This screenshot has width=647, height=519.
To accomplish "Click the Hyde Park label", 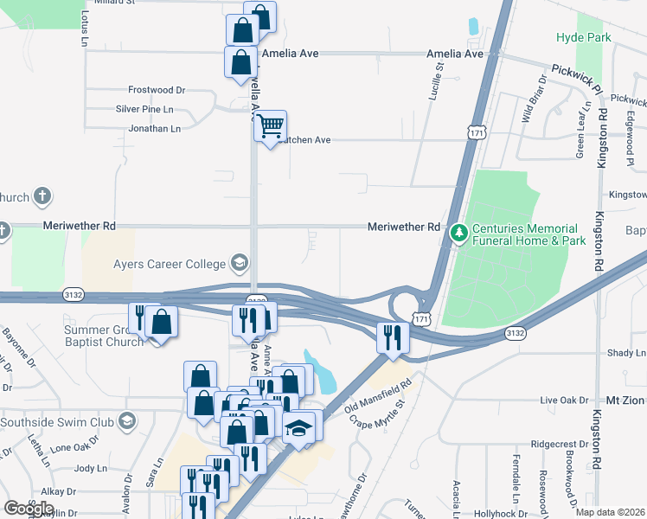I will pos(584,37).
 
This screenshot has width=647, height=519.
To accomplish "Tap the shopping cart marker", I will pos(270,126).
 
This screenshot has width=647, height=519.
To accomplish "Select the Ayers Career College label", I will pos(168,263).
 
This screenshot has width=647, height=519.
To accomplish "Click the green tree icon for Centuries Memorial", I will pos(458,232).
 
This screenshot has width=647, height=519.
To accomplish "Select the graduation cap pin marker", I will pos(298,428).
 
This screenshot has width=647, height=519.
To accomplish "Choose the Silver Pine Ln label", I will pos(144,109).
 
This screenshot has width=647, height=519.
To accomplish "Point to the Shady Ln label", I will pos(626,353).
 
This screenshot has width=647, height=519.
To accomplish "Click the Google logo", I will pos(29,508).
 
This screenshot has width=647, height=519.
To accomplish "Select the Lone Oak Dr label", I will pos(75,447).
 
